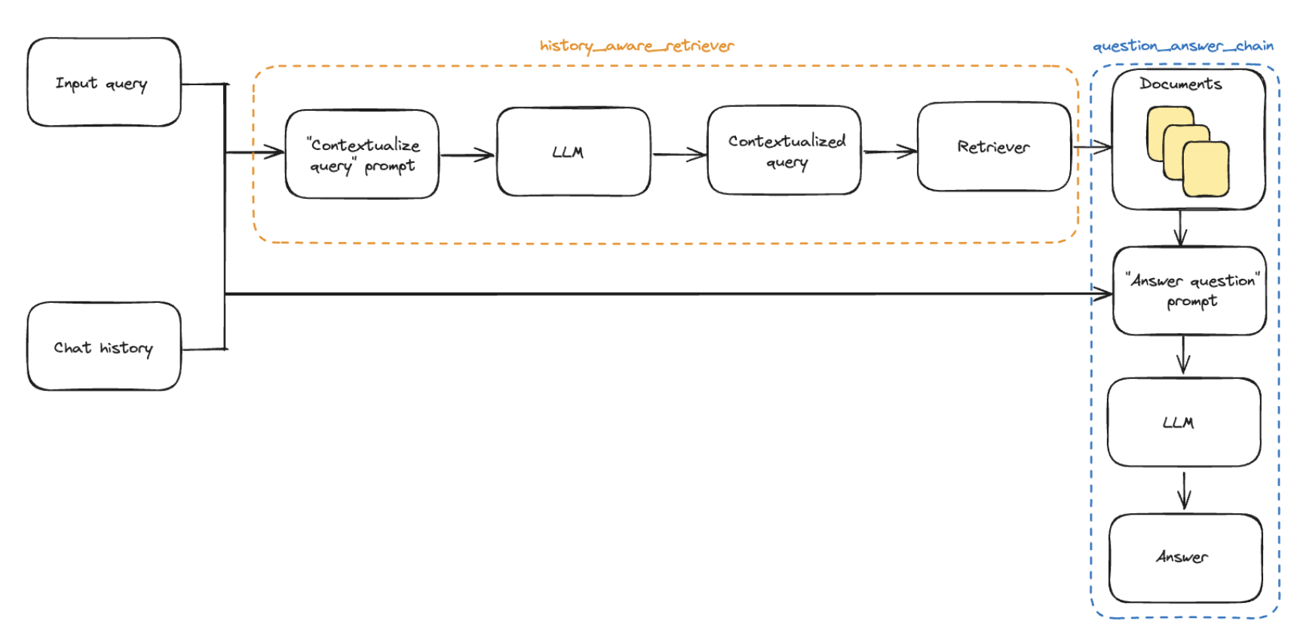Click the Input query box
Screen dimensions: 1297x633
pos(104,82)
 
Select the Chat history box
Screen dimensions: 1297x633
pos(104,347)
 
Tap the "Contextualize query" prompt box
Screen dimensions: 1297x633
pos(362,154)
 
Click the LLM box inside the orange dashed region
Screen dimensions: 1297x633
pos(573,151)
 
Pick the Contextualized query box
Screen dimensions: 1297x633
pos(784,150)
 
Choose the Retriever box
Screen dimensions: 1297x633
pos(994,147)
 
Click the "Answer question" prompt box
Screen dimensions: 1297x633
pos(1189,291)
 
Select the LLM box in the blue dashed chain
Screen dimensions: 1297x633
pos(1184,422)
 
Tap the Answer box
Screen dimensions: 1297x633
pos(1185,558)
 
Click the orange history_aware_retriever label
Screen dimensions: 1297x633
pos(637,46)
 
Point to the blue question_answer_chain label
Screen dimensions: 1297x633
pos(1183,46)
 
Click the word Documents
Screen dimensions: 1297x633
pos(1181,84)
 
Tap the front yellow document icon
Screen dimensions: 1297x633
pos(1206,170)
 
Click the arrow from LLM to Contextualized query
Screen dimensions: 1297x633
pos(679,155)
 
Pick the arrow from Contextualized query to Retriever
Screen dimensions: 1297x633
pos(891,152)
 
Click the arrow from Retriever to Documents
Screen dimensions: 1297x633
pos(1093,147)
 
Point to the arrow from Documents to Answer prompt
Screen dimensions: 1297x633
pos(1181,228)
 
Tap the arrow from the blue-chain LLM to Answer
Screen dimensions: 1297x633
pos(1185,491)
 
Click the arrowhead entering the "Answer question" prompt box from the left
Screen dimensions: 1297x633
pos(1103,294)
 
